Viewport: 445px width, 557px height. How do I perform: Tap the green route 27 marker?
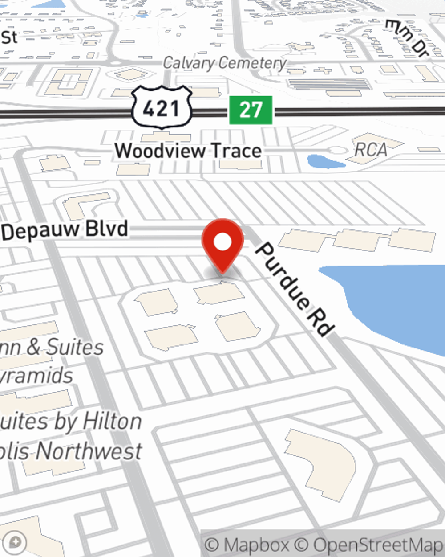(x=251, y=110)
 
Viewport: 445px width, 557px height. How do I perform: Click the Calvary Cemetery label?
(x=224, y=63)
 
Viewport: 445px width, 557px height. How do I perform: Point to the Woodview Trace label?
(x=188, y=151)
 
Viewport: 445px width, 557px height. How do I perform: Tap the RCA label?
(x=371, y=150)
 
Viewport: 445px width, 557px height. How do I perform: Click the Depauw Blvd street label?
(x=65, y=230)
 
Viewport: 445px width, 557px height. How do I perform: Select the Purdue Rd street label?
(x=294, y=289)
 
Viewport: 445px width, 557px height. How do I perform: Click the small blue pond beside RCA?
(x=325, y=161)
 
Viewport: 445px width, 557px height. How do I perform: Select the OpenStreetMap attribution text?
(x=377, y=545)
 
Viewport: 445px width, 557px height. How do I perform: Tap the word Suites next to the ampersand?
(x=75, y=347)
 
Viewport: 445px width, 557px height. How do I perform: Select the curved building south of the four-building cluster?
(x=323, y=463)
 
